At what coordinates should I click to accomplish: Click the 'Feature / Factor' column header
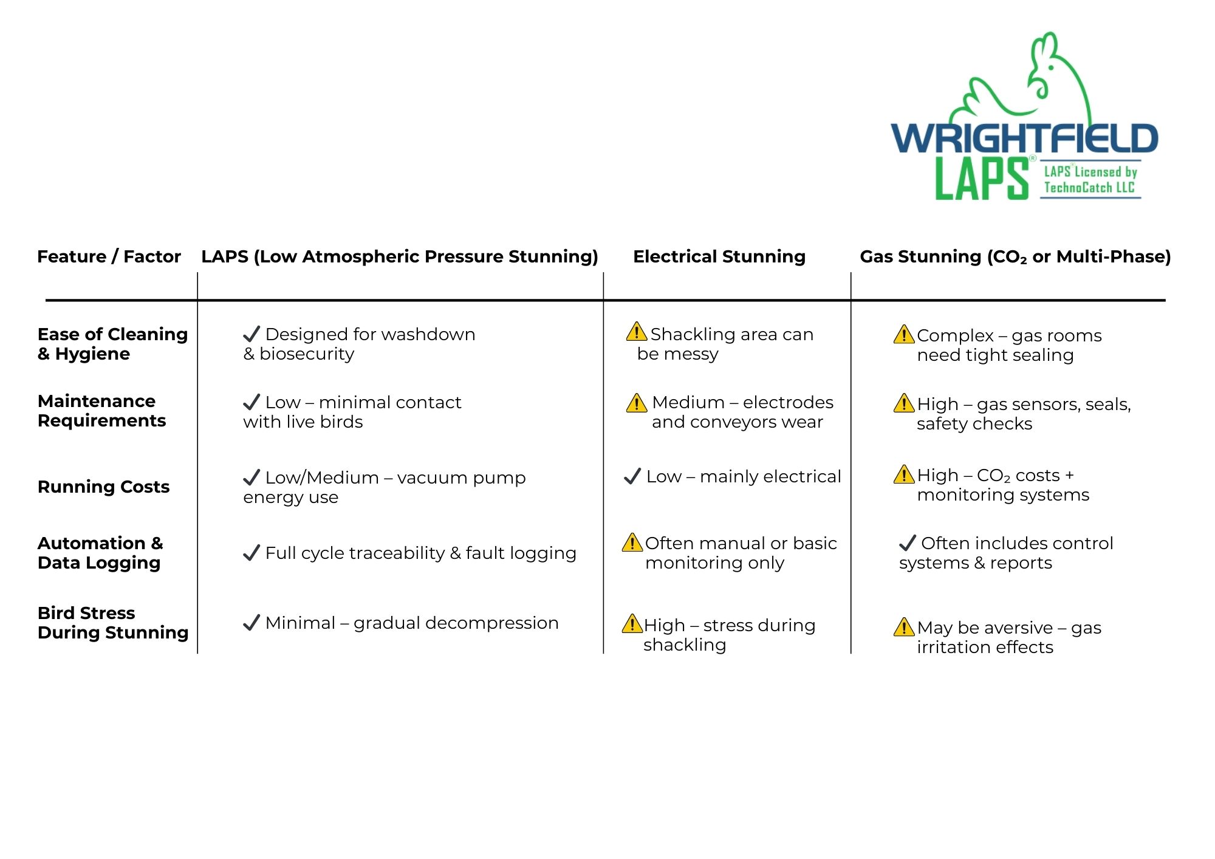tap(109, 256)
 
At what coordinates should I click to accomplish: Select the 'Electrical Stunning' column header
tap(719, 256)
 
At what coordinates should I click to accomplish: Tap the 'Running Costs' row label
tap(103, 487)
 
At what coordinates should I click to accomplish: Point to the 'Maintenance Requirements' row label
tap(101, 411)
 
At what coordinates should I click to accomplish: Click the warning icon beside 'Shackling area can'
tap(636, 332)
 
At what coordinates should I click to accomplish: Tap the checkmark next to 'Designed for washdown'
tap(252, 334)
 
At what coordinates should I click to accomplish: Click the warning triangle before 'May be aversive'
tap(904, 627)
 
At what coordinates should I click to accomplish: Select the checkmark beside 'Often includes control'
tap(907, 542)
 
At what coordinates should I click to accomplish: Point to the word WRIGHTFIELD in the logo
tap(1024, 139)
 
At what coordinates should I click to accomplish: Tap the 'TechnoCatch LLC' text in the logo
tap(1089, 187)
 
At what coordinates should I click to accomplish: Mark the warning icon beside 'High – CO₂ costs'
tap(904, 474)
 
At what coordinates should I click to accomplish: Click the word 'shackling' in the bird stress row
tap(685, 645)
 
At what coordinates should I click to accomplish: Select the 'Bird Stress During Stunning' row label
tap(113, 623)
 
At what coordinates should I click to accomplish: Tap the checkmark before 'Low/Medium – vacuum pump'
tap(252, 477)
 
